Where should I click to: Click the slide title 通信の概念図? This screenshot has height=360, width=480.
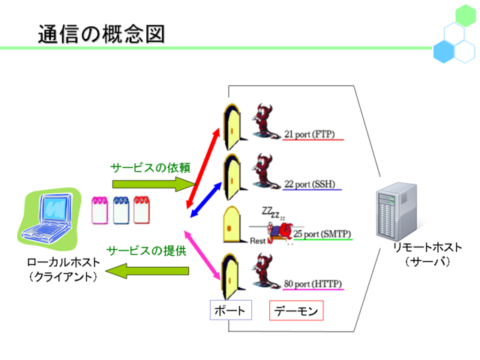pyautogui.click(x=101, y=34)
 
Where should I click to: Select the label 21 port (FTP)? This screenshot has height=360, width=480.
pyautogui.click(x=310, y=134)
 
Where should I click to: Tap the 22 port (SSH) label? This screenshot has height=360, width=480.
pyautogui.click(x=310, y=184)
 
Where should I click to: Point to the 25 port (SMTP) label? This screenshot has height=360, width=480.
pyautogui.click(x=322, y=234)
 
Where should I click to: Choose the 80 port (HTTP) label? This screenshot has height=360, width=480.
pyautogui.click(x=313, y=283)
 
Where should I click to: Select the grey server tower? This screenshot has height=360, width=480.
pyautogui.click(x=397, y=211)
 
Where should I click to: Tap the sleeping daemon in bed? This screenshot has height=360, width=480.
pyautogui.click(x=279, y=232)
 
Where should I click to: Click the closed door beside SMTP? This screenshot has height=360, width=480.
pyautogui.click(x=232, y=224)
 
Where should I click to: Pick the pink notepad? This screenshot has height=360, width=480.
pyautogui.click(x=100, y=210)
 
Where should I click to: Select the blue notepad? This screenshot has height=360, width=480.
pyautogui.click(x=121, y=210)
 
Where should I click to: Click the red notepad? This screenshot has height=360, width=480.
pyautogui.click(x=142, y=210)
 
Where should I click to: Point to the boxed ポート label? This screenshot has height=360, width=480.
pyautogui.click(x=231, y=310)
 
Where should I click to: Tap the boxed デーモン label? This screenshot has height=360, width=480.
pyautogui.click(x=296, y=310)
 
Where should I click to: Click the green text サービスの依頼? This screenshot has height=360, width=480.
pyautogui.click(x=150, y=168)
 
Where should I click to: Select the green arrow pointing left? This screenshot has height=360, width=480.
pyautogui.click(x=147, y=271)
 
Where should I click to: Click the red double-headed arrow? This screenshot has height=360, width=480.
pyautogui.click(x=203, y=168)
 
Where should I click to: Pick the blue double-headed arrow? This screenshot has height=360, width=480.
pyautogui.click(x=206, y=200)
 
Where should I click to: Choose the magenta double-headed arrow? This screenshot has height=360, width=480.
pyautogui.click(x=202, y=255)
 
